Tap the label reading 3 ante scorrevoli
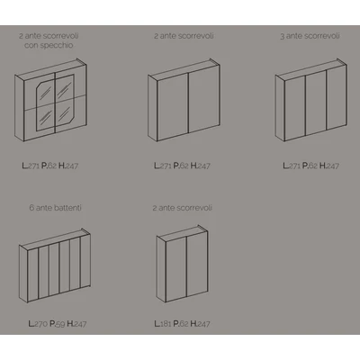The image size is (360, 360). (310, 36)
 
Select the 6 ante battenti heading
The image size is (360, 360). (56, 208)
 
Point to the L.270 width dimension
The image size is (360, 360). (38, 324)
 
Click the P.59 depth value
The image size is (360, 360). (58, 324)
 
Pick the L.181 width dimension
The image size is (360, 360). (163, 324)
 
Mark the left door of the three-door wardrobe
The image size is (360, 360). (295, 108)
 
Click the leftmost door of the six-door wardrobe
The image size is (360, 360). (33, 274)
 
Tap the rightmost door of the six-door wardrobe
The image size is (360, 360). (85, 261)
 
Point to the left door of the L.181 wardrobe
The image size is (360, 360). (176, 268)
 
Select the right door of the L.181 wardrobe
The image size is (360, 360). (197, 263)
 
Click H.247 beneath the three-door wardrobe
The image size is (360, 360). (329, 166)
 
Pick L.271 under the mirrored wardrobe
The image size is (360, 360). (31, 166)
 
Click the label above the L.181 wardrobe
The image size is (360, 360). (183, 208)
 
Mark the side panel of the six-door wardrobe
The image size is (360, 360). (23, 274)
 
